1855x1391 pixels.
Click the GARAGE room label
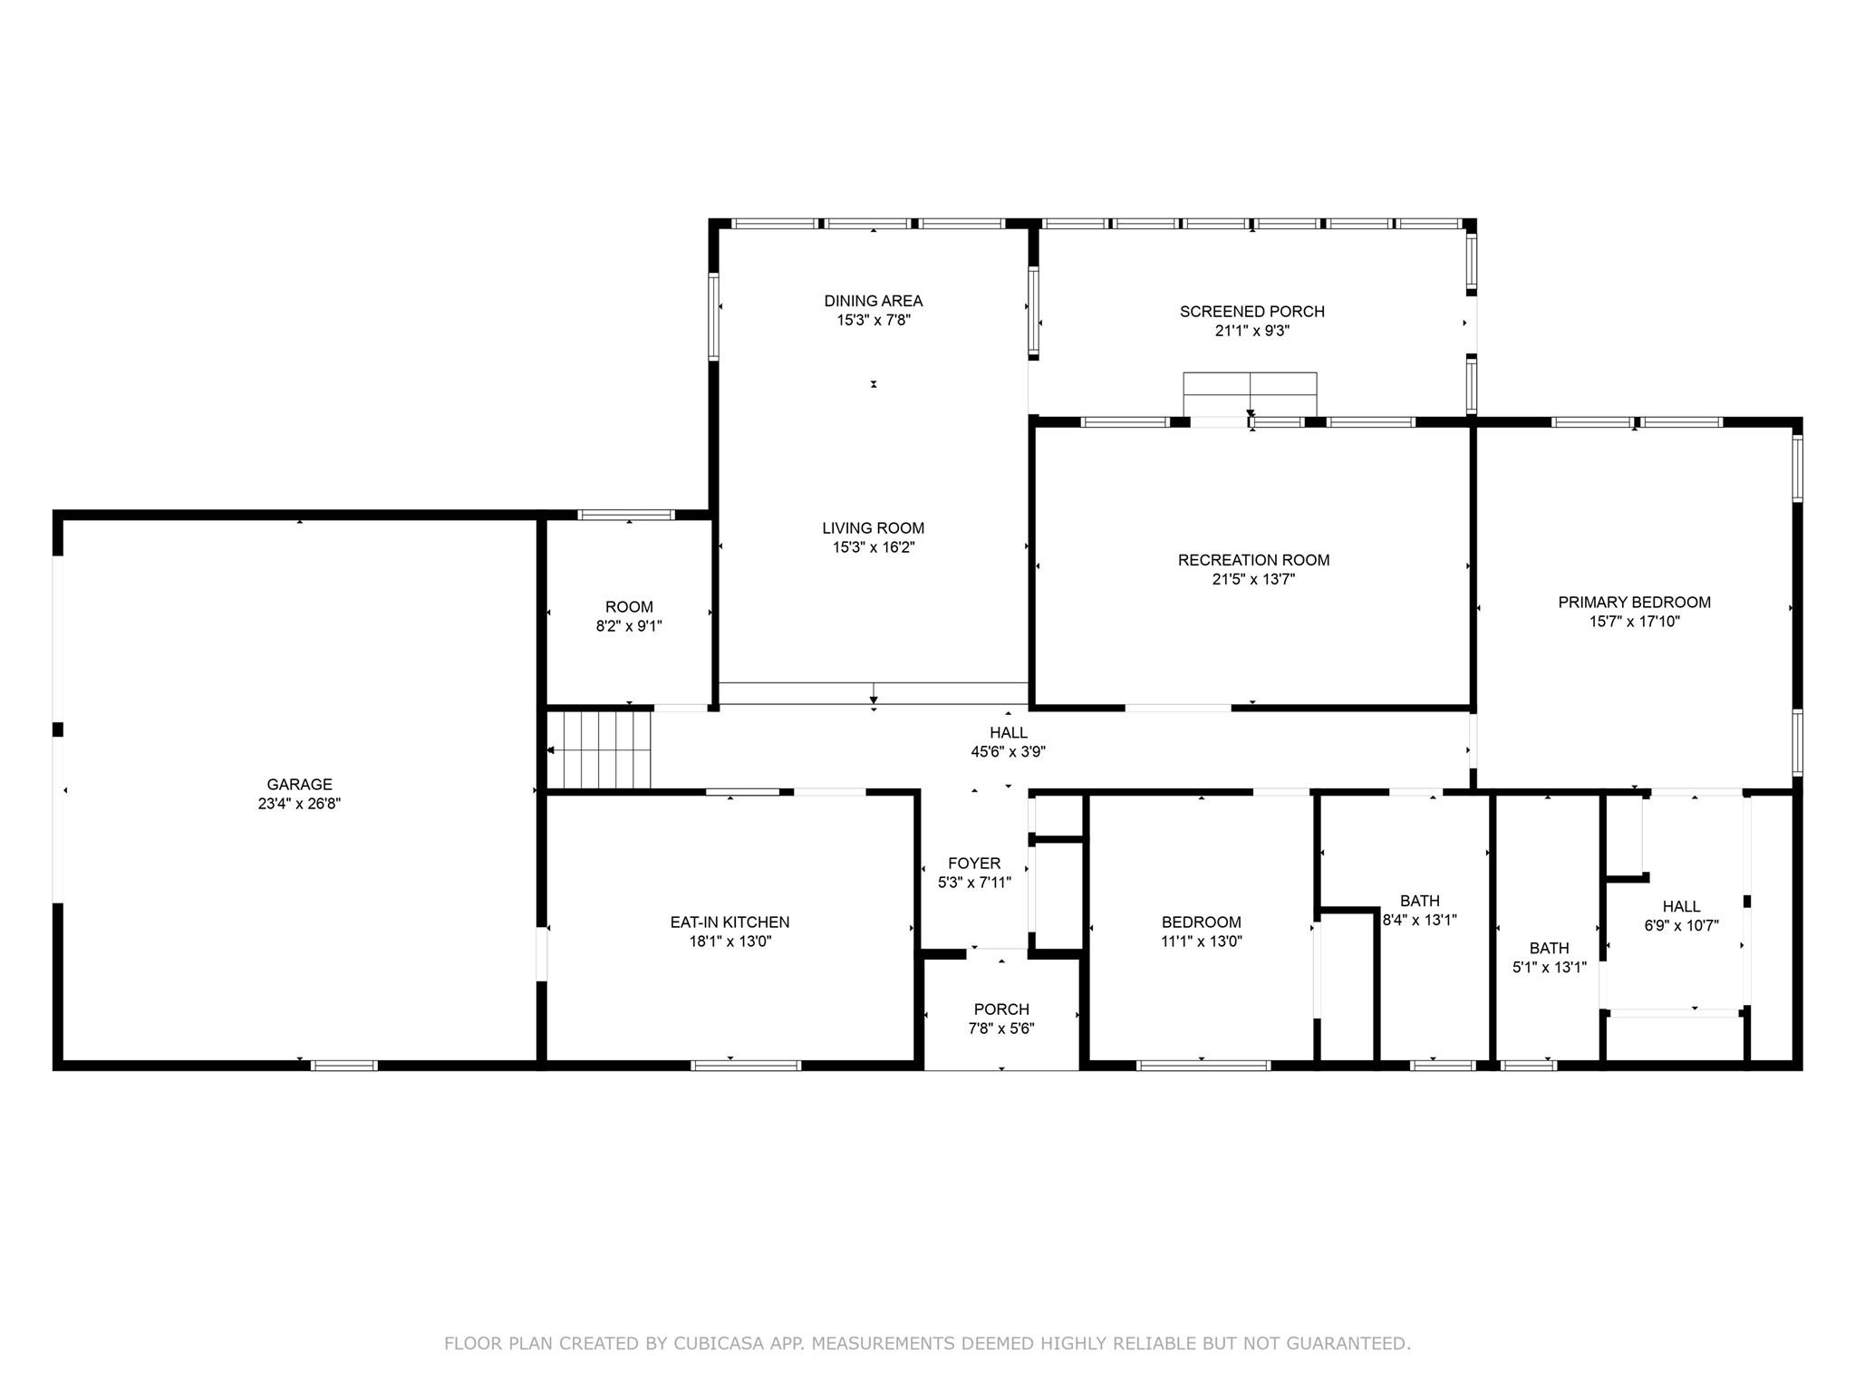299,784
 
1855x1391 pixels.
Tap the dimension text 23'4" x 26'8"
299,804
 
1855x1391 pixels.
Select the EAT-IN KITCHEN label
729,922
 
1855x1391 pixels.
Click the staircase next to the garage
606,749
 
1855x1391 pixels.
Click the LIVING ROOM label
873,527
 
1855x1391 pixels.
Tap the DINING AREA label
873,301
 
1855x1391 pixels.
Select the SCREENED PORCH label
1251,312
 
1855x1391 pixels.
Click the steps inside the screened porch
1250,394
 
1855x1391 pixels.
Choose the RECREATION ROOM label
1253,560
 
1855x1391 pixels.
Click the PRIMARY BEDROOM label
1634,602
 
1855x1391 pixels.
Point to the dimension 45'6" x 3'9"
1008,751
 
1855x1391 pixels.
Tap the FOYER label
974,863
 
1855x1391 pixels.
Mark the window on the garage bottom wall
344,1066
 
